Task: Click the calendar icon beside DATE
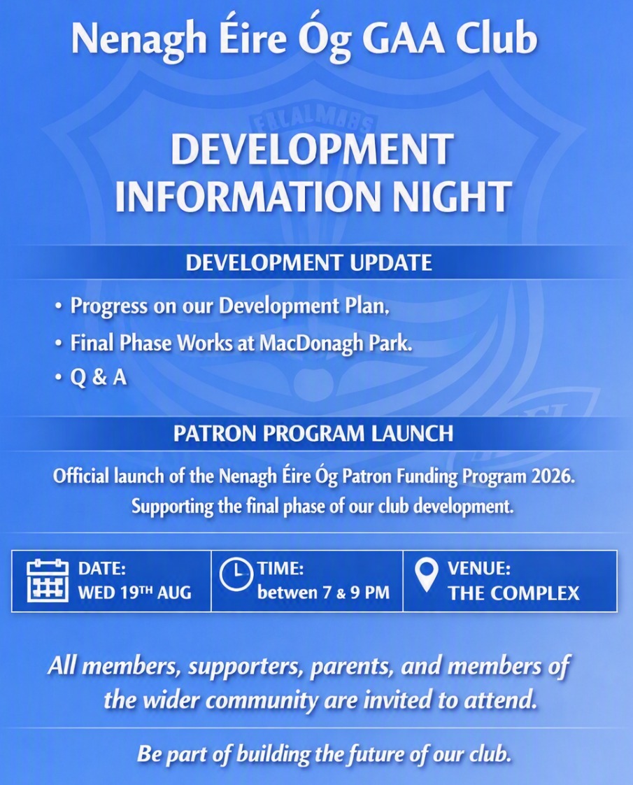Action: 48,581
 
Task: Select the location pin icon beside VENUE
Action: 426,576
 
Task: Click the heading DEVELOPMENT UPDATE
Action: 308,262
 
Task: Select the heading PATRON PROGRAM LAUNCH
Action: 314,433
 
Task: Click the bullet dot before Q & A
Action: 59,376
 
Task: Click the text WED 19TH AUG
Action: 134,593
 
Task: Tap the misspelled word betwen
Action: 287,593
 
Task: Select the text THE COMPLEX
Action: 514,593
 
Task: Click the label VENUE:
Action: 479,568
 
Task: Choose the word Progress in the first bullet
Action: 109,306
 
